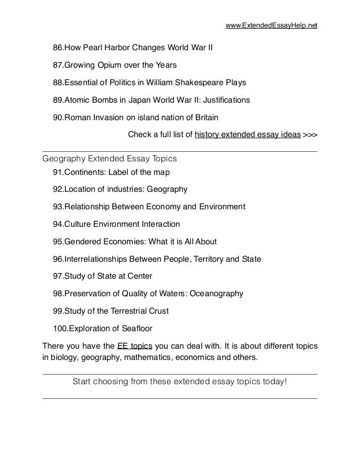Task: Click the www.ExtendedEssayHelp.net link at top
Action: pyautogui.click(x=271, y=26)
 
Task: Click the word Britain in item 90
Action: pyautogui.click(x=204, y=118)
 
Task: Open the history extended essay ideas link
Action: pyautogui.click(x=247, y=135)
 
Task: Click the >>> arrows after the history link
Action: pyautogui.click(x=310, y=135)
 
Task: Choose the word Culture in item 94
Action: pyautogui.click(x=79, y=224)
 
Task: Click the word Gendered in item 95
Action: pyautogui.click(x=84, y=241)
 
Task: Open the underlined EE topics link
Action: pyautogui.click(x=134, y=345)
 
